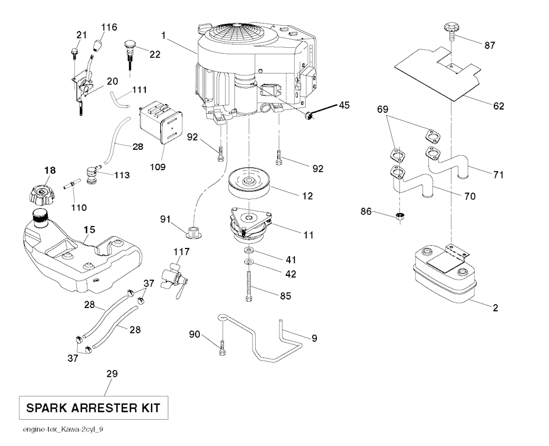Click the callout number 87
tap(489, 46)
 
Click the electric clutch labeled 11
tap(250, 225)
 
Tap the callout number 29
tap(112, 374)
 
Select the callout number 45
tap(344, 105)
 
